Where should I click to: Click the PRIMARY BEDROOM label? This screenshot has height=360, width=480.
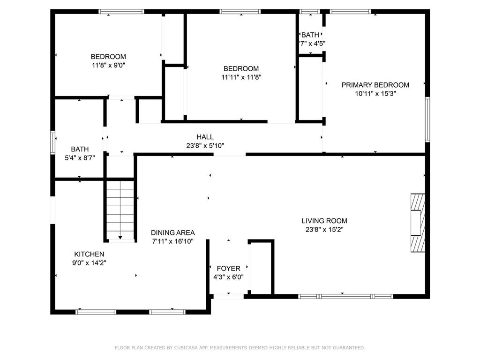pyautogui.click(x=375, y=85)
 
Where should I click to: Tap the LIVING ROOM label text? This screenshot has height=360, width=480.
pyautogui.click(x=324, y=221)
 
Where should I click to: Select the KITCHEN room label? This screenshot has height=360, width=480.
pyautogui.click(x=89, y=254)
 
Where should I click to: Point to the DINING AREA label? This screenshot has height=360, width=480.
pyautogui.click(x=172, y=232)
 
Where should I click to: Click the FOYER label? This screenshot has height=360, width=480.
pyautogui.click(x=228, y=269)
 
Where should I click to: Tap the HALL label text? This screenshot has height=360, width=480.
pyautogui.click(x=205, y=137)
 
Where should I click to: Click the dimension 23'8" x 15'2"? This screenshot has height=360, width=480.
pyautogui.click(x=324, y=230)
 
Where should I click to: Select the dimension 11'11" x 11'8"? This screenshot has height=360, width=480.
pyautogui.click(x=241, y=77)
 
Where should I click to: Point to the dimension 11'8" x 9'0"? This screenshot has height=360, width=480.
pyautogui.click(x=108, y=65)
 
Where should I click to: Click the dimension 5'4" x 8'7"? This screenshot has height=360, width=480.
pyautogui.click(x=80, y=158)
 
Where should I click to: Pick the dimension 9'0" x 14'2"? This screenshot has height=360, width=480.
pyautogui.click(x=89, y=262)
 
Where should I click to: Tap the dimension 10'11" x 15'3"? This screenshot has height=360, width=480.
pyautogui.click(x=375, y=94)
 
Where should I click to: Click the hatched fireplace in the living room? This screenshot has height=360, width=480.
pyautogui.click(x=418, y=223)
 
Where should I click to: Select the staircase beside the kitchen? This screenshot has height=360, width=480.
pyautogui.click(x=120, y=210)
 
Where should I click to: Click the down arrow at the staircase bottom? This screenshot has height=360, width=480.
pyautogui.click(x=120, y=237)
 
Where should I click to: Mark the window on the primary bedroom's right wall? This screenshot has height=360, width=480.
pyautogui.click(x=427, y=120)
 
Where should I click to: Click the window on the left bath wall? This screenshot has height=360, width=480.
pyautogui.click(x=52, y=142)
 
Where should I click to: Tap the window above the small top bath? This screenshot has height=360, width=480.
pyautogui.click(x=310, y=12)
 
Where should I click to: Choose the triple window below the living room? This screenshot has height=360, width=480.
pyautogui.click(x=345, y=296)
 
